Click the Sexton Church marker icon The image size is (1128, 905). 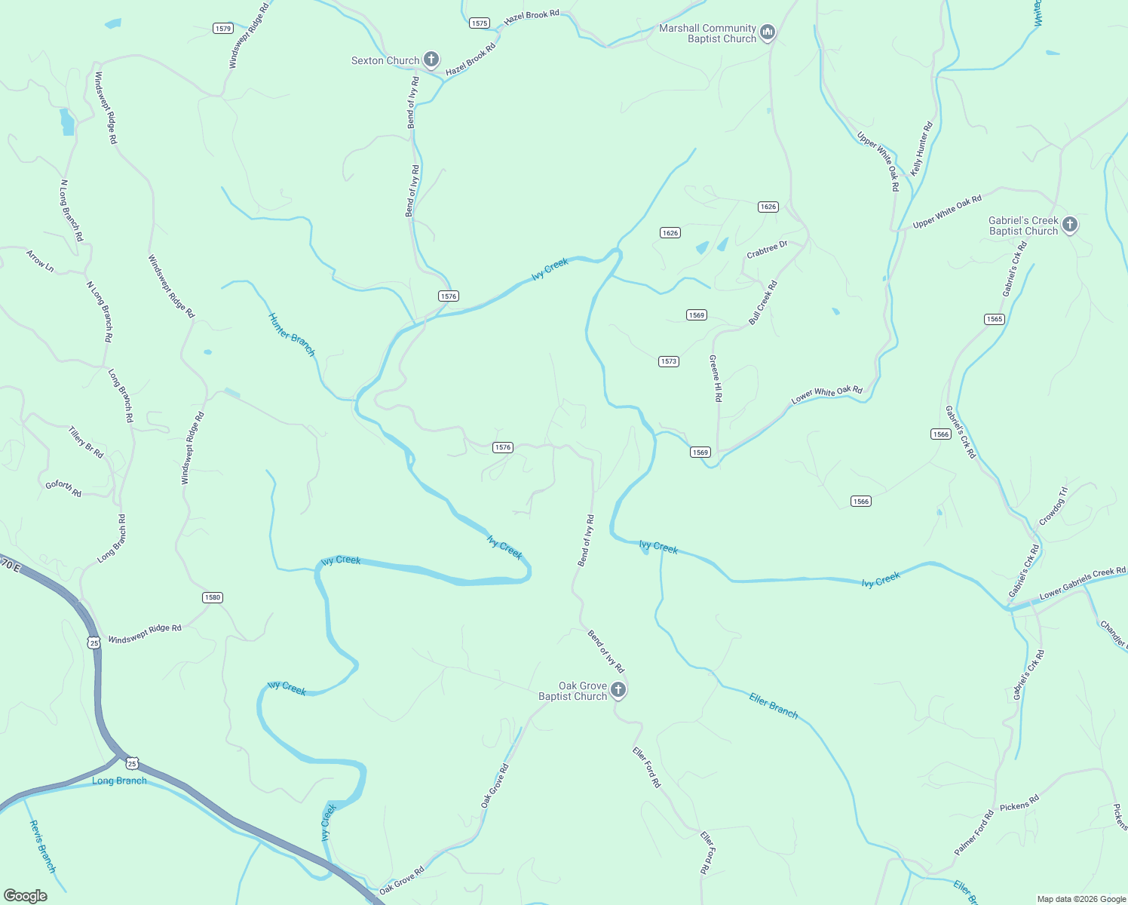point(431,60)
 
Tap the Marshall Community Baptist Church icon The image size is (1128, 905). point(768,32)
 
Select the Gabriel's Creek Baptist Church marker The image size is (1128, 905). point(1069,225)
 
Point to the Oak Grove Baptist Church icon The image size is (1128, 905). point(618,690)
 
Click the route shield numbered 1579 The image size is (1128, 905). point(222,29)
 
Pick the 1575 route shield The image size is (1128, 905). point(480,23)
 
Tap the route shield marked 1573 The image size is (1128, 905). point(669,361)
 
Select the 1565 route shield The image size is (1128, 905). point(995,319)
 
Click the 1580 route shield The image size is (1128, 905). point(213,597)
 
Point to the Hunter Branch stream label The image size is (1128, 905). point(293,335)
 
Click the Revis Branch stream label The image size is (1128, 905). point(43,847)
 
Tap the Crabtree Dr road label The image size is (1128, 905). point(767,250)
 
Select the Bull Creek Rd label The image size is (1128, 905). point(763,303)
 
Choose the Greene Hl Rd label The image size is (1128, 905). point(716,379)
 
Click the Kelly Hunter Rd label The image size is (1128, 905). point(922,149)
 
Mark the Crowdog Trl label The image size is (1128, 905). point(1053,506)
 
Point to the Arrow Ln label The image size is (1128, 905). point(40,261)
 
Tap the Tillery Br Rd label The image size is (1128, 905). point(86,442)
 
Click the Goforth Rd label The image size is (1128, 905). point(63,489)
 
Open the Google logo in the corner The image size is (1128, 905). point(25,896)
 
